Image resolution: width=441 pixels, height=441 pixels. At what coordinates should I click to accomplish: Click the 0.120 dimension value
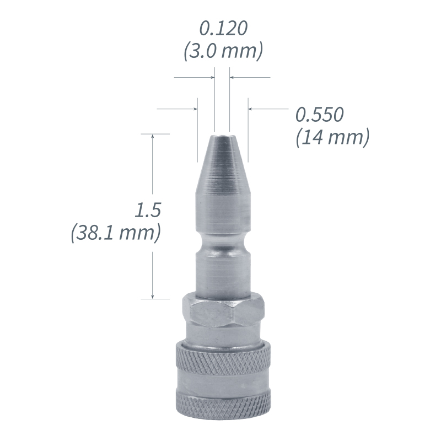coord(222,28)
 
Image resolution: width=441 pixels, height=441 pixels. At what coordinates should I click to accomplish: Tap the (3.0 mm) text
coord(222,51)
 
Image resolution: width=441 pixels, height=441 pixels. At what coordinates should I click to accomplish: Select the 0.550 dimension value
coord(320,115)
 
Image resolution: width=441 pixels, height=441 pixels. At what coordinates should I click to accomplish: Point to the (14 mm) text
coord(332,137)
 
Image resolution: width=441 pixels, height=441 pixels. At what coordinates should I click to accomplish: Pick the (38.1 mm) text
coord(116,233)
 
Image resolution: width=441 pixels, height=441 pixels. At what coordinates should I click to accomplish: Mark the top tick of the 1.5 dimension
coord(154,133)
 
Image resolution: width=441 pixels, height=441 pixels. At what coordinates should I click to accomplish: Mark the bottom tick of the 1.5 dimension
coord(154,299)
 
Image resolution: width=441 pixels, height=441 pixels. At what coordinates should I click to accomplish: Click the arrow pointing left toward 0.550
coord(251,109)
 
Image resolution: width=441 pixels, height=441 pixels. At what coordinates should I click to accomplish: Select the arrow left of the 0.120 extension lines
coord(211,78)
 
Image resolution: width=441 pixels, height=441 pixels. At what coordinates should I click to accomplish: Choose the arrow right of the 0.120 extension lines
coord(233,78)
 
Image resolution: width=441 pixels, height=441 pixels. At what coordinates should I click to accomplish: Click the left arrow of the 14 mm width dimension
coord(194,109)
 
